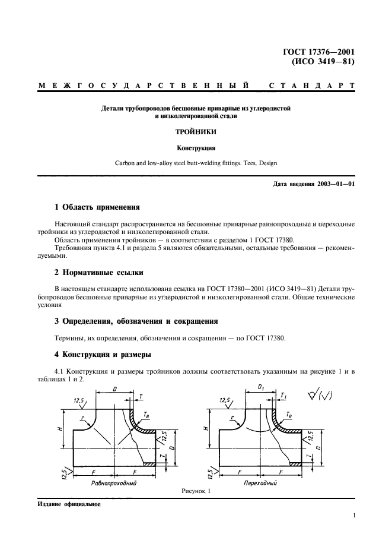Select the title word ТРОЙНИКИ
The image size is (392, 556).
click(x=196, y=134)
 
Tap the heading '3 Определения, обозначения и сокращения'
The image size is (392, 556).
click(x=136, y=321)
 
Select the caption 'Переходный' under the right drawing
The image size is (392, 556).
click(x=261, y=484)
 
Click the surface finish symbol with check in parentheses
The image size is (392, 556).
click(x=326, y=392)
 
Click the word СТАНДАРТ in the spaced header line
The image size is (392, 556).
click(x=311, y=86)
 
